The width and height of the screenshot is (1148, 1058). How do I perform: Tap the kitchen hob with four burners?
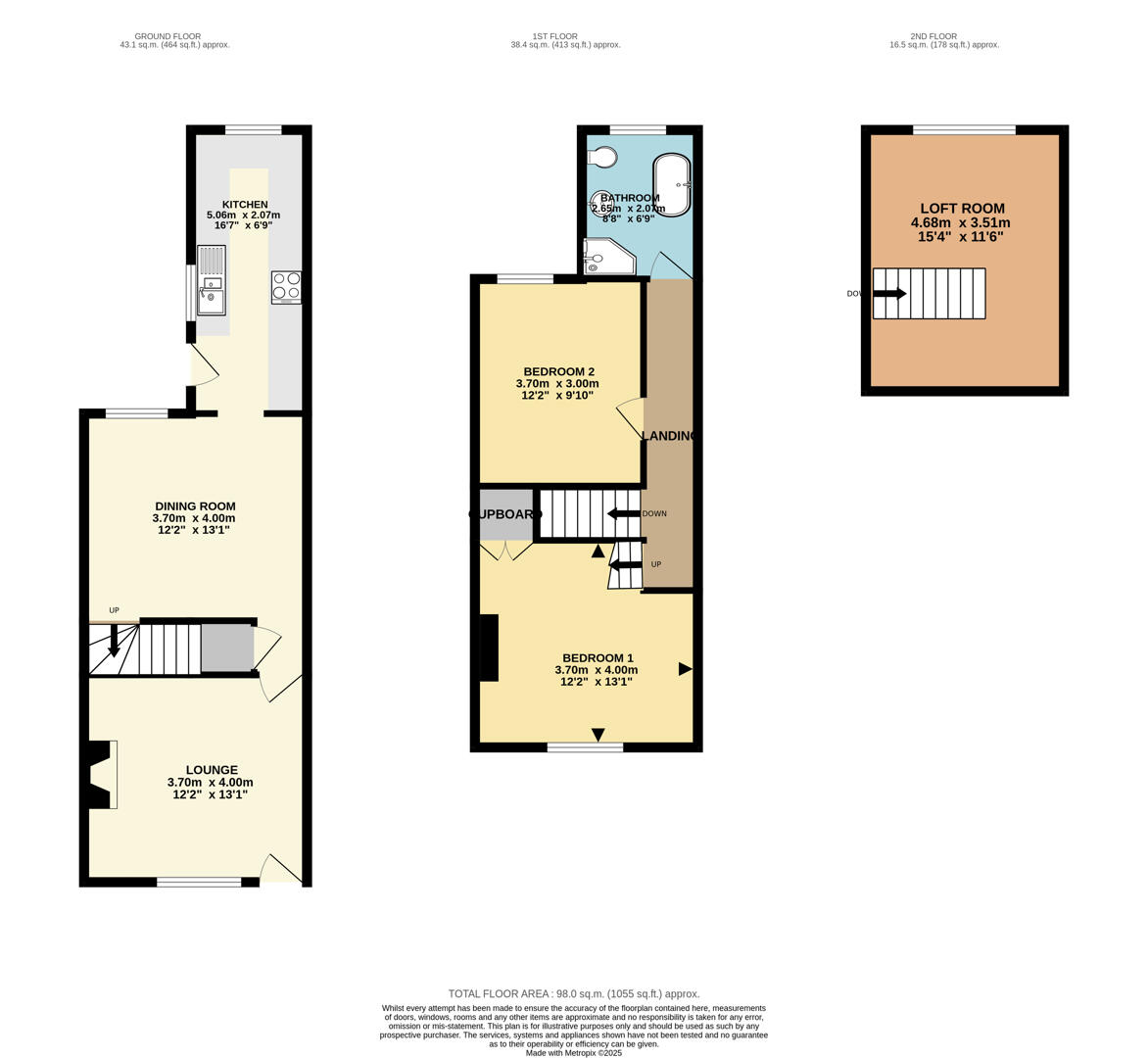287,286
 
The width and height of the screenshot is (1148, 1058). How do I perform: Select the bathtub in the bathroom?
672,184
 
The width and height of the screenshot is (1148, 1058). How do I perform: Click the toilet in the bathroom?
603,157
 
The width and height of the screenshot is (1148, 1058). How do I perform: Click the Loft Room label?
962,209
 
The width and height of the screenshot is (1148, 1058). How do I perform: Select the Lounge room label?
212,770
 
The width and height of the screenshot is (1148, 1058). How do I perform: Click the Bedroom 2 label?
558,371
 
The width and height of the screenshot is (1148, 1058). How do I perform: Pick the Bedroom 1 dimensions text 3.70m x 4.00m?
596,670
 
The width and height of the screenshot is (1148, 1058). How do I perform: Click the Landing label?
668,436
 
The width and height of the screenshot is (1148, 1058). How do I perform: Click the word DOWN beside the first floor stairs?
654,513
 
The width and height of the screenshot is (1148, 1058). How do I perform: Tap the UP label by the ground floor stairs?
114,610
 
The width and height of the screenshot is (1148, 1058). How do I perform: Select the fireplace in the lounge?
101,774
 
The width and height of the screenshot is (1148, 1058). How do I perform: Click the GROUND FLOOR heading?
167,36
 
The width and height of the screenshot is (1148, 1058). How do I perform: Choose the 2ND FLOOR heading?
933,36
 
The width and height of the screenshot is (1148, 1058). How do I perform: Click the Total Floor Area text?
574,993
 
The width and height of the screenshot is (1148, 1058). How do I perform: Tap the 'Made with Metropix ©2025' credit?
574,1053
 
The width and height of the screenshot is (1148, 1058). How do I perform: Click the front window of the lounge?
199,882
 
